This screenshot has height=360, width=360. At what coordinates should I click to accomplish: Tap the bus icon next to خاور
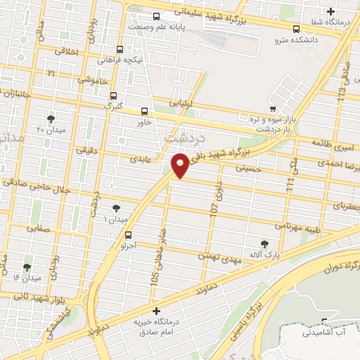(145, 111)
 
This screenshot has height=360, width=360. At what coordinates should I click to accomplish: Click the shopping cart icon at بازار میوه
(272, 109)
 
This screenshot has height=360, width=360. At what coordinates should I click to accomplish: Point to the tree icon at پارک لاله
(264, 244)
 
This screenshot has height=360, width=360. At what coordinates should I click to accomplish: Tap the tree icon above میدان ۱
(116, 207)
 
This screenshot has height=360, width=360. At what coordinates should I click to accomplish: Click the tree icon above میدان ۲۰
(51, 118)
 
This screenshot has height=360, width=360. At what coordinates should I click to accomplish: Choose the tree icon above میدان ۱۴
(27, 267)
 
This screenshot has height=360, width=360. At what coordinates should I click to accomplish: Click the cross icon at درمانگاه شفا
(331, 11)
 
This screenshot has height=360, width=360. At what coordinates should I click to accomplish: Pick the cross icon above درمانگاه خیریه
(156, 310)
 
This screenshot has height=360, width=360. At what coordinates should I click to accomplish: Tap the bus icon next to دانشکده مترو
(296, 30)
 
